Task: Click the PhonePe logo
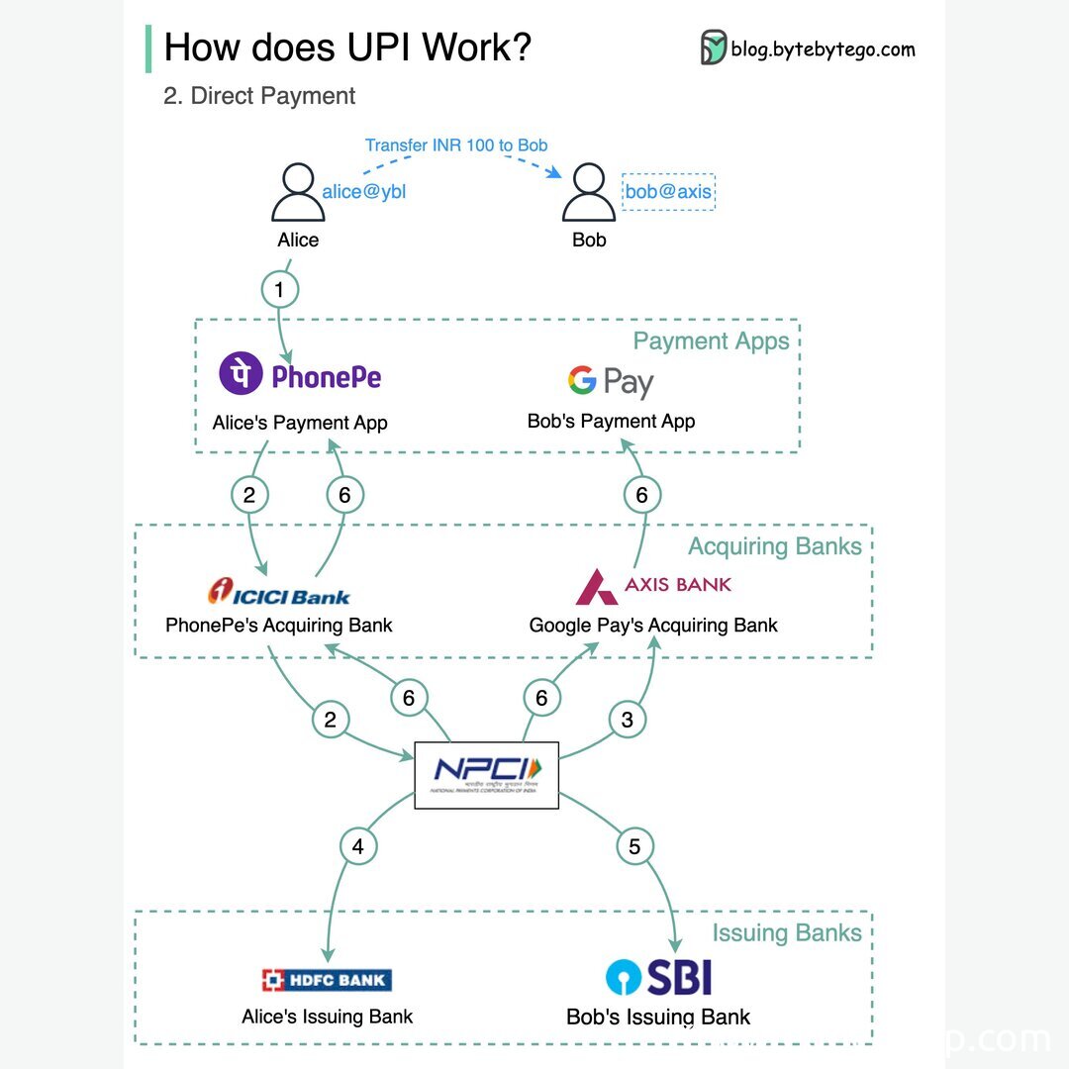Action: pos(300,376)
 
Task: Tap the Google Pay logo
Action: pos(611,382)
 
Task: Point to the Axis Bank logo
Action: pos(653,585)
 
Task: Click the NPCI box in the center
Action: pos(486,775)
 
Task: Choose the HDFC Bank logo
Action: pos(327,980)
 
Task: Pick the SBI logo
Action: pos(658,978)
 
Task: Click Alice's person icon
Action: pos(297,194)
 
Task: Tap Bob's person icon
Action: pos(589,194)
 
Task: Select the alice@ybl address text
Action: pos(364,192)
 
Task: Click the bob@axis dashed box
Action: pos(669,192)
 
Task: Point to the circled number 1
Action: pos(279,289)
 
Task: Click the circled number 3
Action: pos(627,720)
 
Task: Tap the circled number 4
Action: pos(358,846)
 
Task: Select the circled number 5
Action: pos(634,846)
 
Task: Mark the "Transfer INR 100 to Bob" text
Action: pos(456,146)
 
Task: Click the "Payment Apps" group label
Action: pos(711,341)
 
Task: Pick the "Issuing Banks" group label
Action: pos(787,933)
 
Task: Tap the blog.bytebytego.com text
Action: pos(823,49)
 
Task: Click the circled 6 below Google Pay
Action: pos(641,494)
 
